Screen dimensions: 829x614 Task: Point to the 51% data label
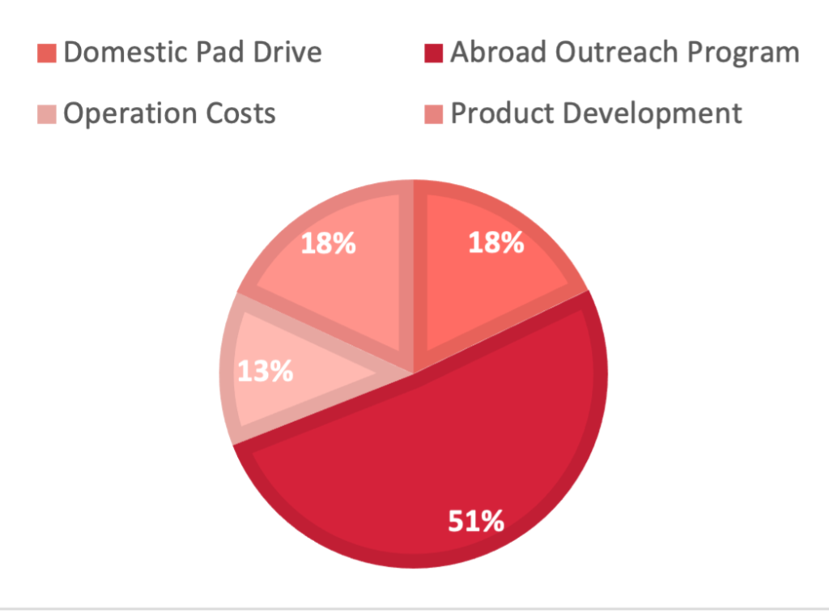pyautogui.click(x=476, y=521)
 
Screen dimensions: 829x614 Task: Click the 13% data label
pyautogui.click(x=265, y=371)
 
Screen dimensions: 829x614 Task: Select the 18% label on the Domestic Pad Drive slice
pyautogui.click(x=496, y=243)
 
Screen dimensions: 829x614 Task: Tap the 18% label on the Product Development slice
pyautogui.click(x=329, y=243)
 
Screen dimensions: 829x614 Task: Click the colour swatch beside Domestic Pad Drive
pyautogui.click(x=46, y=53)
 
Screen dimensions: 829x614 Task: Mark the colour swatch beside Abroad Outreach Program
pyautogui.click(x=434, y=53)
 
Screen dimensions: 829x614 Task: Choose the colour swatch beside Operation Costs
pyautogui.click(x=46, y=114)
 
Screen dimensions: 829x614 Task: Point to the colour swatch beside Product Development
pyautogui.click(x=434, y=114)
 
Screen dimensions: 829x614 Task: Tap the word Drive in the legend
pyautogui.click(x=287, y=52)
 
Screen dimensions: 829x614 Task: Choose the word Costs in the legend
pyautogui.click(x=241, y=113)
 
